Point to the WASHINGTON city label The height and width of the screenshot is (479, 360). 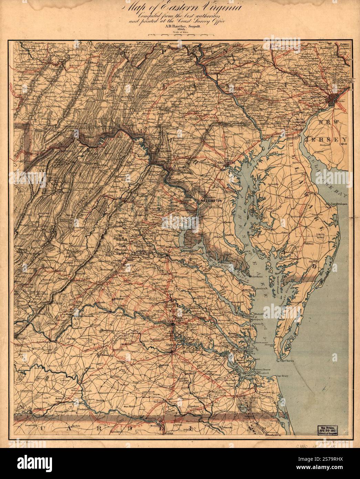(209, 201)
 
